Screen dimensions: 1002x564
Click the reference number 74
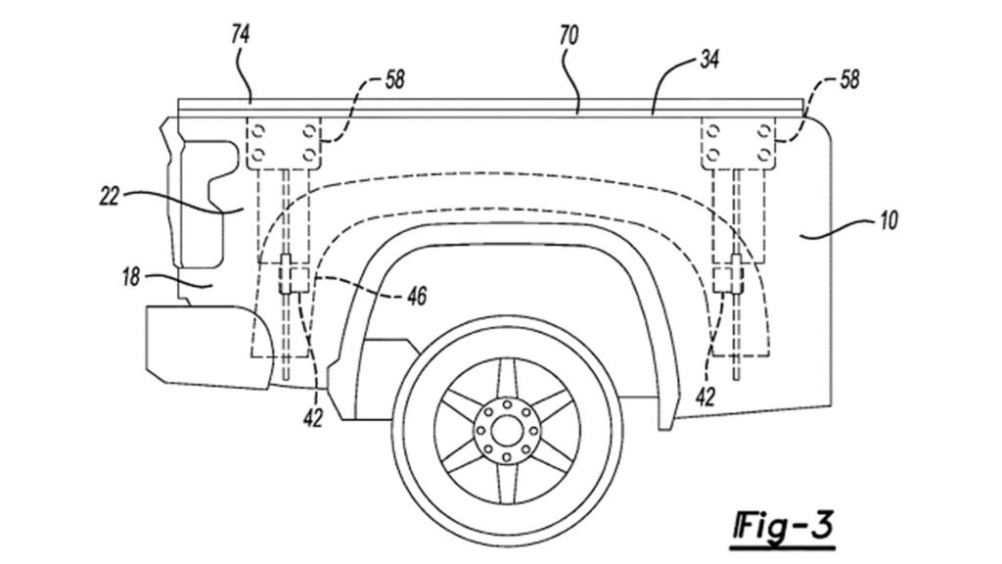[x=241, y=35]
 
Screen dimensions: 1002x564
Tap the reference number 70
[x=569, y=36]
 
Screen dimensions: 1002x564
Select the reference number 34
[x=709, y=60]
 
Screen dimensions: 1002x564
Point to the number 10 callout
[x=888, y=220]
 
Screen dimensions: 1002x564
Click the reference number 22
[x=110, y=196]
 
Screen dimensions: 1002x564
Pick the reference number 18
[x=130, y=277]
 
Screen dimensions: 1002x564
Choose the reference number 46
[x=417, y=296]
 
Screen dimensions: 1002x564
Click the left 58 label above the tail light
[x=395, y=80]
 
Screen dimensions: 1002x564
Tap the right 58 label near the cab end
[x=849, y=80]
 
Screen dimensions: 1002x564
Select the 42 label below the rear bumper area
[x=312, y=418]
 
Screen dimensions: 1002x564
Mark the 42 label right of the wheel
[x=705, y=398]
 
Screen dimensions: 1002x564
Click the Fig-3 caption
[x=784, y=526]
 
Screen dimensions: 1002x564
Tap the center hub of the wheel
[x=506, y=430]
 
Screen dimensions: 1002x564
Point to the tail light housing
[x=198, y=204]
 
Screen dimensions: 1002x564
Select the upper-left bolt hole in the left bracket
[x=259, y=131]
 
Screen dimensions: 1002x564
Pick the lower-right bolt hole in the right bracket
[x=764, y=155]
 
